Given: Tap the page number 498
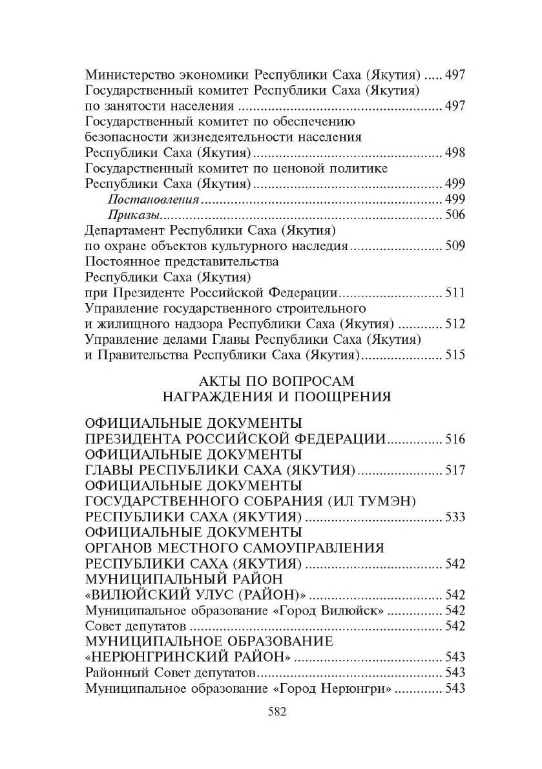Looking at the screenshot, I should click(x=455, y=153).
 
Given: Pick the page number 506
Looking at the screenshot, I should click(x=455, y=215).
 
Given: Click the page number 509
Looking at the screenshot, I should click(x=455, y=246).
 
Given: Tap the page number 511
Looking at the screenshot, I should click(x=455, y=293).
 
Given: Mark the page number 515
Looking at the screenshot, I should click(x=455, y=355).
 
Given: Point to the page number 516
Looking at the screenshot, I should click(x=455, y=439).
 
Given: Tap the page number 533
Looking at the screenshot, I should click(x=455, y=517).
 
